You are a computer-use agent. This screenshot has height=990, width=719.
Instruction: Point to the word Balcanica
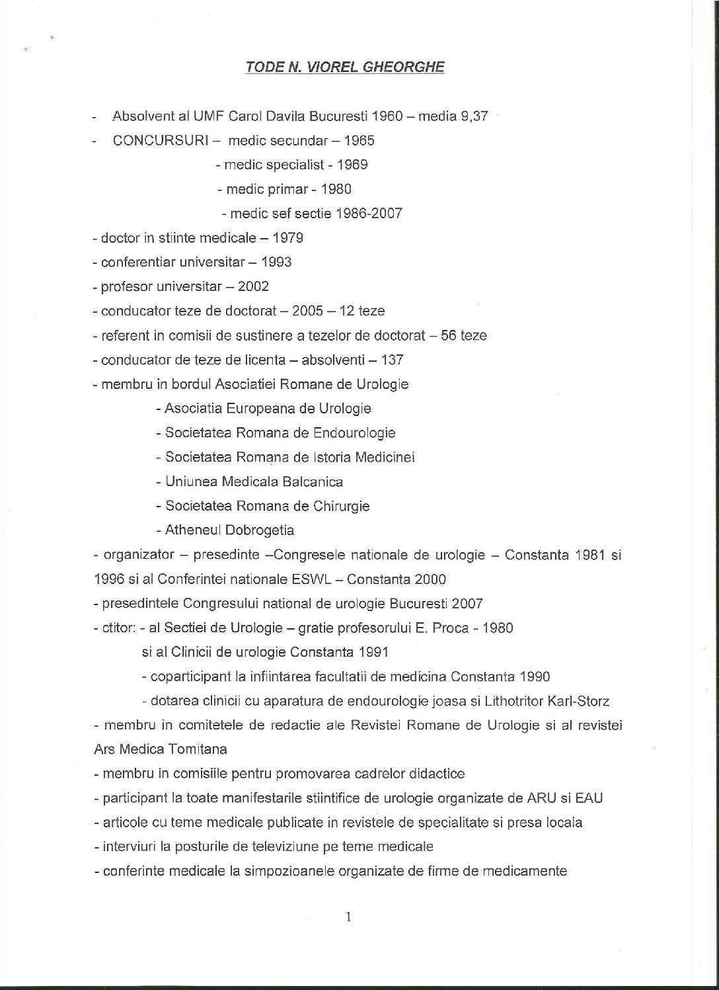coord(313,481)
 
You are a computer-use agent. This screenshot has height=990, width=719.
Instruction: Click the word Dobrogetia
coord(260,530)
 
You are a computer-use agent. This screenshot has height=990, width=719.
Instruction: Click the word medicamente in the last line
coord(525,871)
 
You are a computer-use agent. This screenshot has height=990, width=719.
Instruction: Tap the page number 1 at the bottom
coord(347,917)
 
